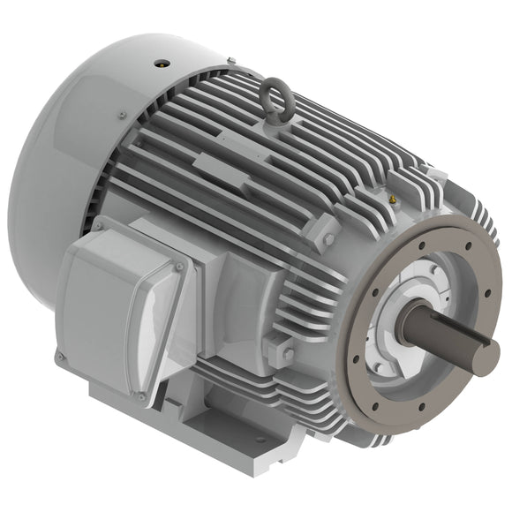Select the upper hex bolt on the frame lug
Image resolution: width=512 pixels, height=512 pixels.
[328, 239]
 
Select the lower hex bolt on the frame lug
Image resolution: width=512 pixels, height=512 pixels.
[288, 354]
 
